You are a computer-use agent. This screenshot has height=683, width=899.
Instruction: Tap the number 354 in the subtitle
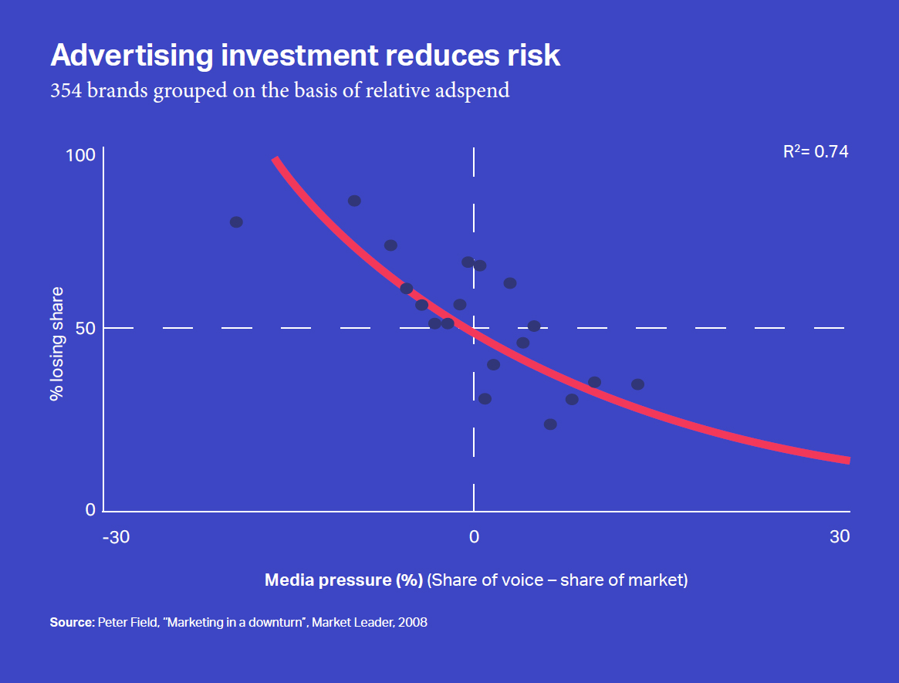click(x=66, y=90)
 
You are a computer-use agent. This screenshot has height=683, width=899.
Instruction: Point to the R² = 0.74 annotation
click(x=816, y=152)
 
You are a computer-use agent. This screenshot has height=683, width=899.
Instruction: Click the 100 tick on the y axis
click(x=81, y=155)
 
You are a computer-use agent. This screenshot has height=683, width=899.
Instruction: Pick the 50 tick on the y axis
click(x=86, y=328)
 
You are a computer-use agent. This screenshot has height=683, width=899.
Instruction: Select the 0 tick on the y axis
click(x=90, y=509)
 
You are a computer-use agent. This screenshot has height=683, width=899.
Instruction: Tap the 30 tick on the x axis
click(x=840, y=536)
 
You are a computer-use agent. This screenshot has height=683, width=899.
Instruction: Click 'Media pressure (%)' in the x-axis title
click(x=343, y=580)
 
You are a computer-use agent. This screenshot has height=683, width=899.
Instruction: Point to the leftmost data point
click(x=236, y=222)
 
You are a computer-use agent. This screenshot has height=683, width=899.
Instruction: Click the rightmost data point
click(x=637, y=384)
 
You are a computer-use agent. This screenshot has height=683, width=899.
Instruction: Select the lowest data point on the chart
click(x=550, y=424)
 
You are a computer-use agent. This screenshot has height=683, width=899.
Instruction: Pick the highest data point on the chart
click(x=354, y=201)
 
